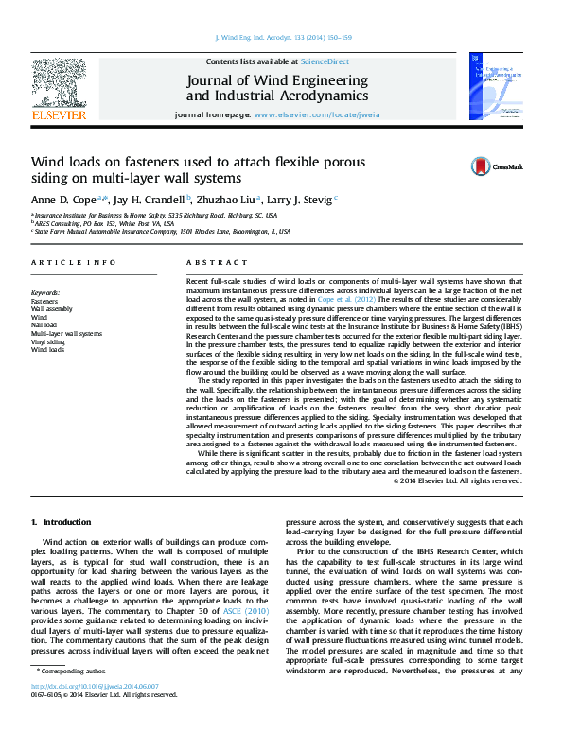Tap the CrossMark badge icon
point(483,167)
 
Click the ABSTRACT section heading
point(210,262)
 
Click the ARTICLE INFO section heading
point(62,262)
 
